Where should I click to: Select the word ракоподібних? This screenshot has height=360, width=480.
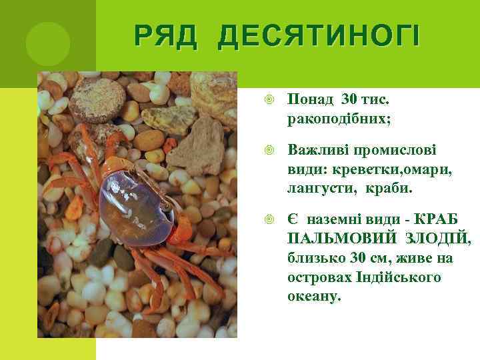tap(339, 119)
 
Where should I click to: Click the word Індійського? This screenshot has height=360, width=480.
tap(399, 277)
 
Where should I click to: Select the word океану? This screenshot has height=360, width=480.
tap(314, 295)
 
